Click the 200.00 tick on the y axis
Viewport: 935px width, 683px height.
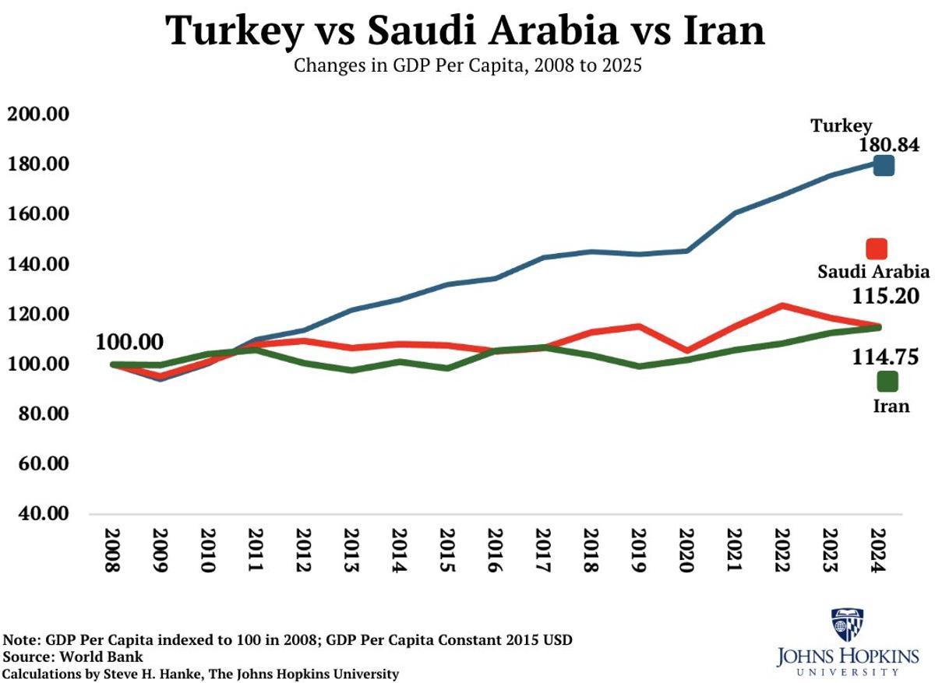49,114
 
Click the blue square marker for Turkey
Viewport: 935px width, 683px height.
883,165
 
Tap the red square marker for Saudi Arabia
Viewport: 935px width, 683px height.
877,248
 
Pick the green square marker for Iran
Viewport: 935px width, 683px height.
887,381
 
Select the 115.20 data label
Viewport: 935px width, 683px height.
888,297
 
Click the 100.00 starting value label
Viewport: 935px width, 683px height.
129,342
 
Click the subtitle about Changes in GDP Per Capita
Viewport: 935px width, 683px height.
467,65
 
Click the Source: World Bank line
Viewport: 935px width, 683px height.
73,657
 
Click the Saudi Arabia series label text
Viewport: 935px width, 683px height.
873,272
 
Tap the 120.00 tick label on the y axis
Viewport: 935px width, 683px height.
49,315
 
